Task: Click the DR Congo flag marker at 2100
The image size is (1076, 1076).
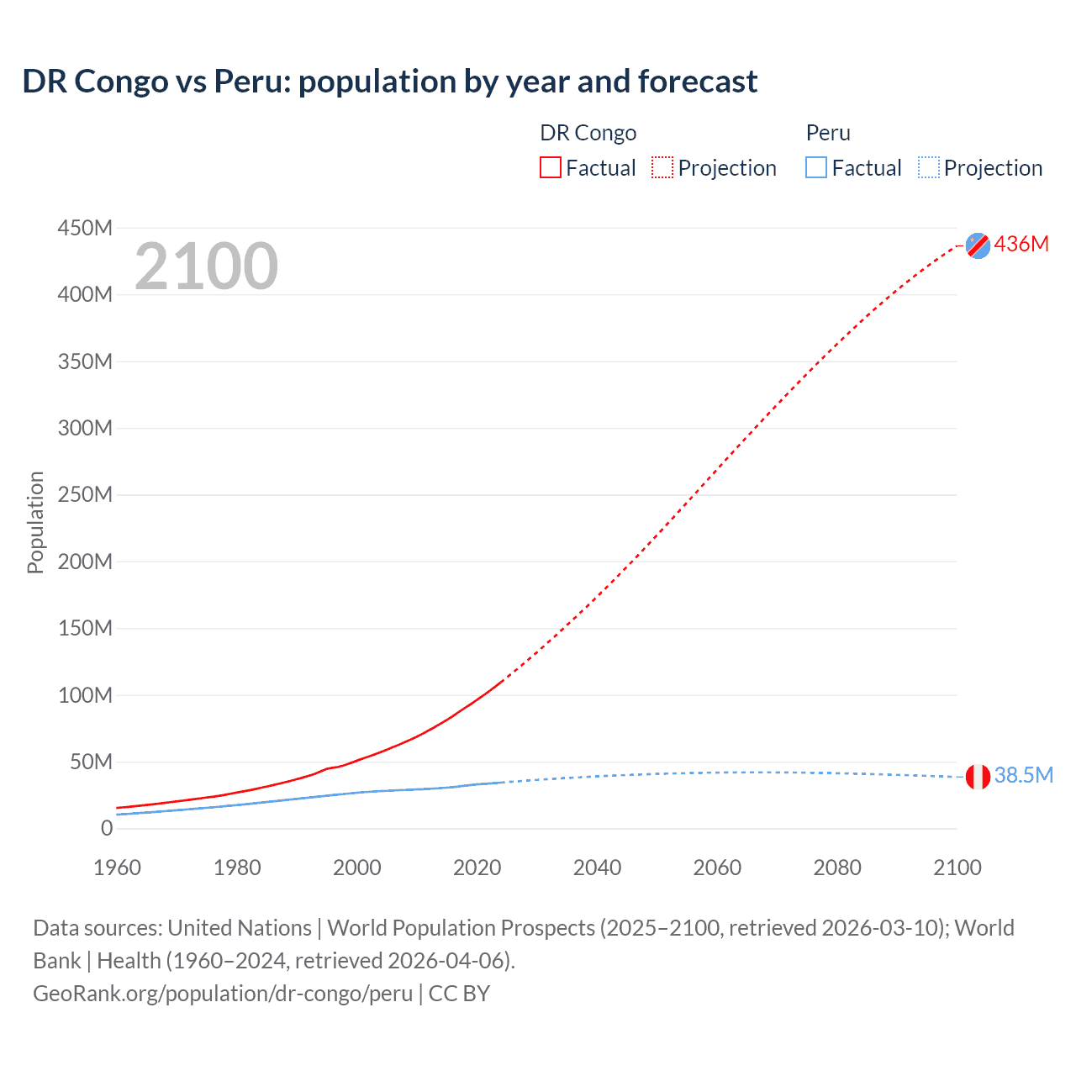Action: pos(978,245)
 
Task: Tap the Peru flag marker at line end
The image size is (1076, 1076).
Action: pos(978,777)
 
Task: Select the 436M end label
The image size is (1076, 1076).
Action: pos(1021,244)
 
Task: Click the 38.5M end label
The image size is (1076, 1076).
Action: pos(1023,775)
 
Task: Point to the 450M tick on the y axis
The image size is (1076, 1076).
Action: pos(85,228)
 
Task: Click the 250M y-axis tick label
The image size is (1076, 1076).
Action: pos(85,494)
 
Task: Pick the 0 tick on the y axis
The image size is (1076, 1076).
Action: pos(106,828)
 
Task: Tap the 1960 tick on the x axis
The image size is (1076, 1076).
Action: pos(117,868)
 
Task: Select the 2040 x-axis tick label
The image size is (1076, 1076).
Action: pos(597,868)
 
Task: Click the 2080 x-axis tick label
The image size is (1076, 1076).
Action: pos(836,868)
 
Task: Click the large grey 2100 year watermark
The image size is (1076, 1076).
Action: pos(206,266)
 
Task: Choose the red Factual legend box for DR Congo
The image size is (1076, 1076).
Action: pos(550,167)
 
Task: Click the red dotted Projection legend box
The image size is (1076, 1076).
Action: pos(662,167)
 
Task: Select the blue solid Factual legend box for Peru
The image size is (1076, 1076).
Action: pos(815,167)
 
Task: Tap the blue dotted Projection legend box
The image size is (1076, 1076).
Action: pos(928,167)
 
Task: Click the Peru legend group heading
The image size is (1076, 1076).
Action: pos(828,133)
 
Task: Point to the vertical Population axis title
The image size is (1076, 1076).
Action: pos(35,522)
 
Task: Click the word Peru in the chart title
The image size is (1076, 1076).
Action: pos(251,82)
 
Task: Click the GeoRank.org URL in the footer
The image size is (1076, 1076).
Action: pos(223,993)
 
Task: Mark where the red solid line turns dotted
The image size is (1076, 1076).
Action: pos(504,680)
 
